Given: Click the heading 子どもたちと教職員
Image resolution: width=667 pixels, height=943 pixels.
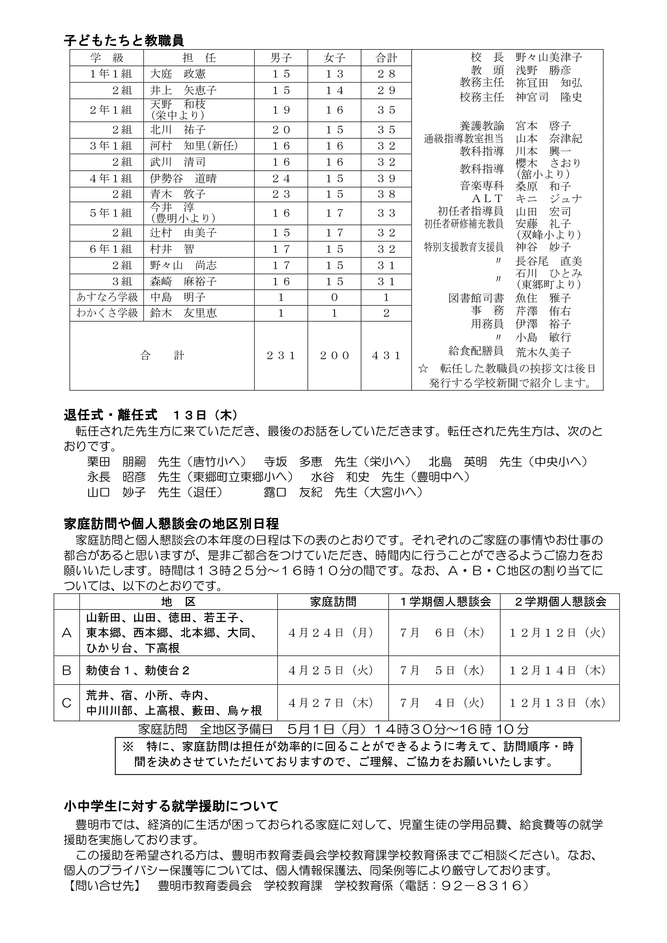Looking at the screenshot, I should pyautogui.click(x=124, y=41).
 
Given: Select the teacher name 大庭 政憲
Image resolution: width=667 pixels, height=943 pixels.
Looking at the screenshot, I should pyautogui.click(x=177, y=74).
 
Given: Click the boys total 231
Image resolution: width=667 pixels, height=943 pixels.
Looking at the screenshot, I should pyautogui.click(x=281, y=356).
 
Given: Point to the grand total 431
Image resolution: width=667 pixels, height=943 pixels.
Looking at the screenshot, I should pyautogui.click(x=386, y=356).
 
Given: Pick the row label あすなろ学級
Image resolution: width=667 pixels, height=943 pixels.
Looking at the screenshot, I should pyautogui.click(x=107, y=297).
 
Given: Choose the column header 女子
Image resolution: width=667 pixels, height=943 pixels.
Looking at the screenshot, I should pyautogui.click(x=334, y=58).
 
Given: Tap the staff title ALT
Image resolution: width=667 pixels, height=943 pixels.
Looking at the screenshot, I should pyautogui.click(x=487, y=199).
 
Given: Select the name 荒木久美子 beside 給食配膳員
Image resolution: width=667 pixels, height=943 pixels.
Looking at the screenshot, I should pyautogui.click(x=543, y=352).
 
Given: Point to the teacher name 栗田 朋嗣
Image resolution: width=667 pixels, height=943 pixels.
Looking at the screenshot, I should pyautogui.click(x=116, y=462).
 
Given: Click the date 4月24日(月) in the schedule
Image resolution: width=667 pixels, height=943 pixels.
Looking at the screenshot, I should pyautogui.click(x=331, y=633).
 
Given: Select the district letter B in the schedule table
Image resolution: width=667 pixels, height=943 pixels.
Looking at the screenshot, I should pyautogui.click(x=66, y=671).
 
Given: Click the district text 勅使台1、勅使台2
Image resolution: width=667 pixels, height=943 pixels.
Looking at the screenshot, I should pyautogui.click(x=138, y=671).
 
